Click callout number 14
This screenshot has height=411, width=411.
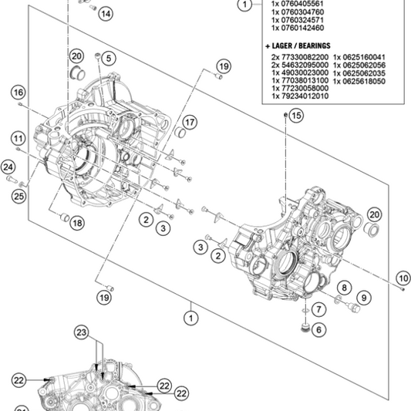click(x=105, y=14)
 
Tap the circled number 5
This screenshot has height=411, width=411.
click(x=108, y=58)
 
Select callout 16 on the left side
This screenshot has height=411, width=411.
click(x=18, y=93)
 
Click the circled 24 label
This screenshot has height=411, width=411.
click(x=8, y=167)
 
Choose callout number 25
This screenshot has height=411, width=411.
click(x=18, y=197)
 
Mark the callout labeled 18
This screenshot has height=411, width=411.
click(x=76, y=223)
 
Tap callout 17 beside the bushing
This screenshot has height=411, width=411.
click(x=190, y=122)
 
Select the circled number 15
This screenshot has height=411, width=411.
click(x=297, y=116)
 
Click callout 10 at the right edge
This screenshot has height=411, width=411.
click(x=403, y=278)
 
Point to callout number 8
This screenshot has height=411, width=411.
click(x=343, y=288)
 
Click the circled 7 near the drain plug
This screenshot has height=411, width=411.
click(x=318, y=308)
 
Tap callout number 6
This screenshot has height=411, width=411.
click(x=318, y=329)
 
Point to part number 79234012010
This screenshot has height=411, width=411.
click(x=301, y=96)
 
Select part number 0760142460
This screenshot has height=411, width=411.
click(x=297, y=27)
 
